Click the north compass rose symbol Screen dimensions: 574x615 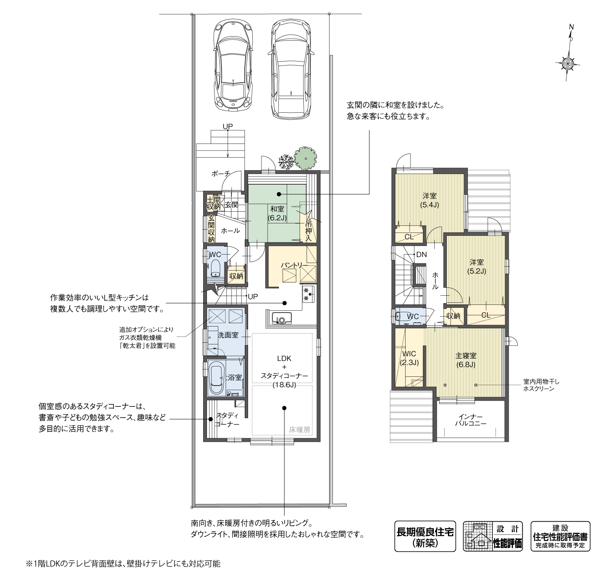tap(568, 64)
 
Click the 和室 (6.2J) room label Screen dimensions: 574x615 tap(277, 213)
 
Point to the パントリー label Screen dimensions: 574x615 tap(294, 265)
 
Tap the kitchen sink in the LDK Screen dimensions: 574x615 tap(281, 319)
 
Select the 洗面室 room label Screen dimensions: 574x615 tap(228, 335)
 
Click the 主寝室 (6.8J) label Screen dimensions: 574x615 tap(465, 360)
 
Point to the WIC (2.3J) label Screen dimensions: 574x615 tap(409, 358)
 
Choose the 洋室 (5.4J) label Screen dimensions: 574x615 tap(429, 200)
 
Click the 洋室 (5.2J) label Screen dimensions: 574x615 tap(477, 267)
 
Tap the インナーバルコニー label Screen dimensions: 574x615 tap(470, 420)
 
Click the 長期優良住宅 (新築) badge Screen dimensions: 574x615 tap(425, 537)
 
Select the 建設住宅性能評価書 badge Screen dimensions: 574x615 tap(560, 537)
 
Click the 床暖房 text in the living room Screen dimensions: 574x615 tap(300, 430)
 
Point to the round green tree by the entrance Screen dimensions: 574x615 tap(305, 158)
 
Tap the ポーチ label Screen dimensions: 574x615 tap(220, 174)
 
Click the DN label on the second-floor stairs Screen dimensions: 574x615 tap(421, 255)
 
